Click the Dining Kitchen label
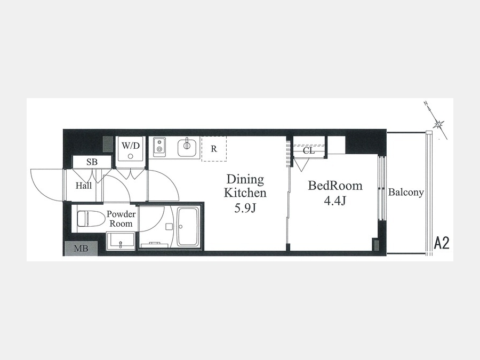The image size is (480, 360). (245, 186)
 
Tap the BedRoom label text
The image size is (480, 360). (335, 186)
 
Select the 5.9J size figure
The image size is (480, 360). (245, 209)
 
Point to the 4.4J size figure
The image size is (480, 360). (335, 201)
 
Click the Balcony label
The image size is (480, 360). (406, 192)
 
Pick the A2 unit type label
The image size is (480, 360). (442, 243)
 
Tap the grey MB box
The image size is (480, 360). (81, 248)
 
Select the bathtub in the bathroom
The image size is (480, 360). (188, 227)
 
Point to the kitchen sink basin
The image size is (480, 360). (187, 147)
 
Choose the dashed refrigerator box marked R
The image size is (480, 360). (214, 149)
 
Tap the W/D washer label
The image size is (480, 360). (131, 146)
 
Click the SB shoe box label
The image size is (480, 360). (92, 162)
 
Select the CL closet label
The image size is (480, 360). (309, 150)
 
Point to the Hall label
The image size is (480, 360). (84, 186)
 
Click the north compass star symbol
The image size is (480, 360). (439, 123)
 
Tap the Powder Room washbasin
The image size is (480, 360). (121, 241)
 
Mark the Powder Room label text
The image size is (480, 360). (121, 219)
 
